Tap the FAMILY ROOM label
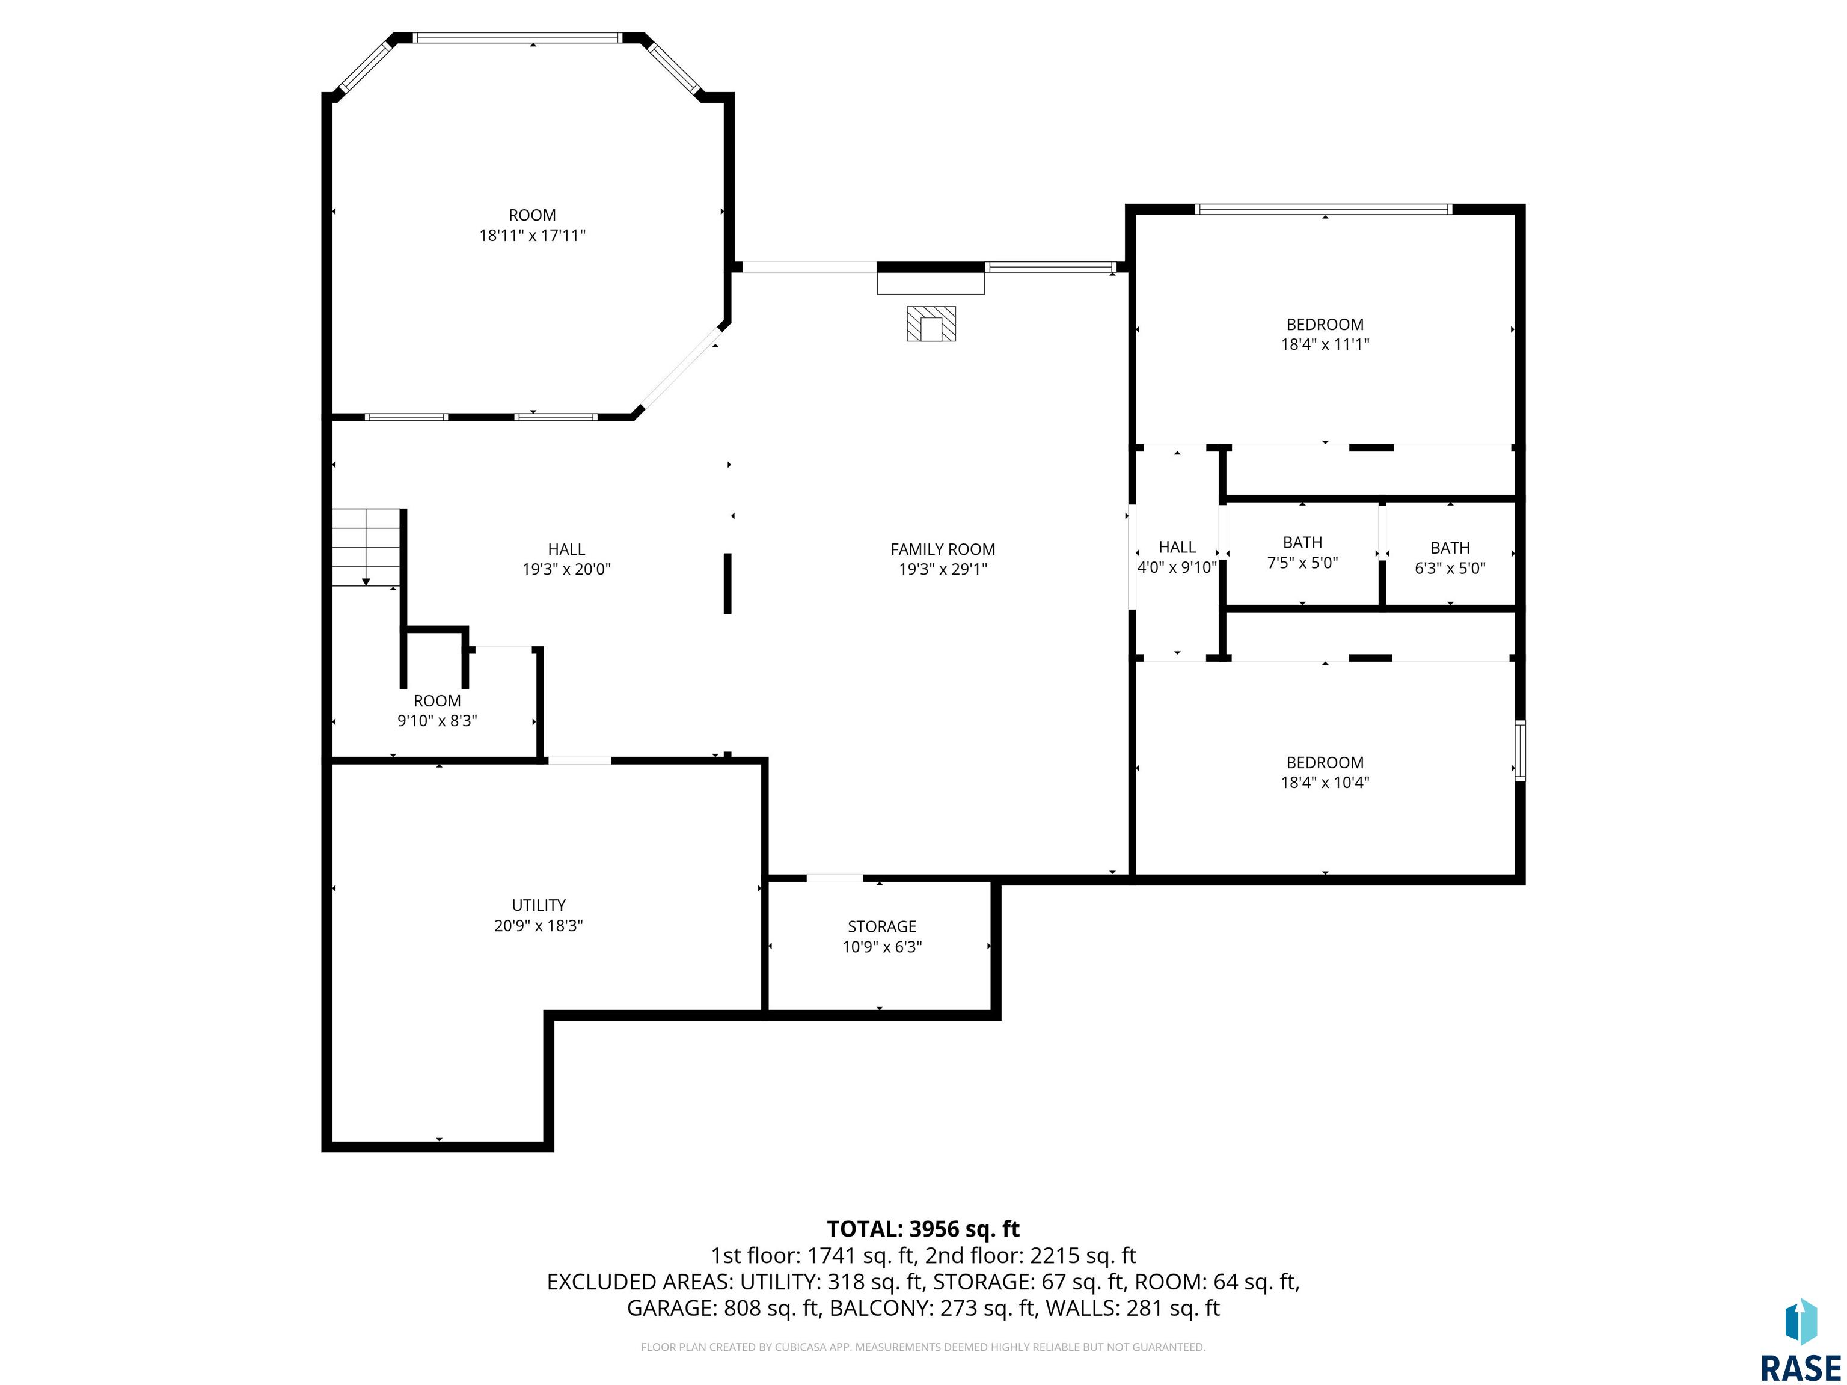[943, 549]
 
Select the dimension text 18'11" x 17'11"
[532, 236]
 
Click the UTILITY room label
[539, 905]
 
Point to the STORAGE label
[882, 927]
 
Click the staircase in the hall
[367, 548]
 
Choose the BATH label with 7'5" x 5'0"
[1303, 543]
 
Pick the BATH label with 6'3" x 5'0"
[1450, 548]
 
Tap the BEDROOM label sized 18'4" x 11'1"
[1325, 325]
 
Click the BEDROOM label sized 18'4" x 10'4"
[1325, 763]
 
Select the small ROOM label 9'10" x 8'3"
[436, 702]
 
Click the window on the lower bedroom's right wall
[1521, 751]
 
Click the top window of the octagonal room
[518, 37]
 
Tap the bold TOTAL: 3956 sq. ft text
[923, 1229]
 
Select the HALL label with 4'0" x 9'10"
[1177, 548]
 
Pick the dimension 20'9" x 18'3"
[539, 925]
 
